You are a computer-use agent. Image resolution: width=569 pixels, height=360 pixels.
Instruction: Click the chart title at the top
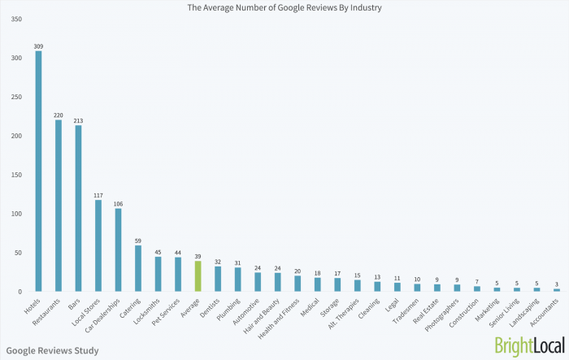(x=284, y=8)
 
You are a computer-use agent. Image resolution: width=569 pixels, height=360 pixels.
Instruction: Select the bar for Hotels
(x=38, y=171)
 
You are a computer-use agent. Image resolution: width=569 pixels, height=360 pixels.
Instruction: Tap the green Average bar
(x=198, y=275)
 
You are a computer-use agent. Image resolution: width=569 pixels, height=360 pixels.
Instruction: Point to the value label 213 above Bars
(x=78, y=120)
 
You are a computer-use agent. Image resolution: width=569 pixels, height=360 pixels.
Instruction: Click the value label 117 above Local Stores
(x=98, y=195)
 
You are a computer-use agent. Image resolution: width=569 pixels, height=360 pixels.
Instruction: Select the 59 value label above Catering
(x=137, y=241)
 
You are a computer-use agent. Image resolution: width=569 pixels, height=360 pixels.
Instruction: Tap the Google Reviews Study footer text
(x=52, y=351)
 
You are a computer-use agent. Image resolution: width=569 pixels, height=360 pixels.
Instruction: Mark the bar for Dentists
(x=218, y=279)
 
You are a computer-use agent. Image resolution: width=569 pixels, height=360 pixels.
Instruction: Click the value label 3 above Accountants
(x=557, y=284)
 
